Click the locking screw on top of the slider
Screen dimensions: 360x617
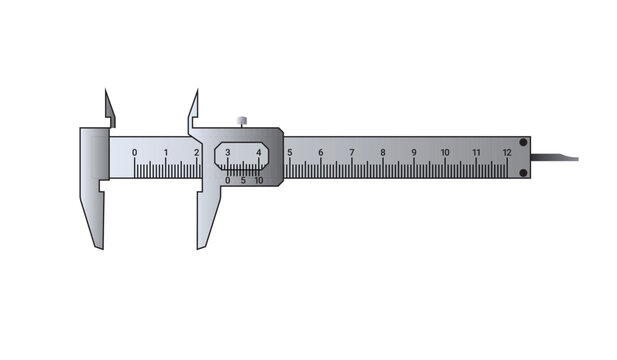pos(242,121)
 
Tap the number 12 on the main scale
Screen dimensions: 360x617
pos(507,152)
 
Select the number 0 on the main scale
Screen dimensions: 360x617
pos(135,152)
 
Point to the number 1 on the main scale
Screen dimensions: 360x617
pos(166,152)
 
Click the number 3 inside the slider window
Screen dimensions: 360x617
pos(228,152)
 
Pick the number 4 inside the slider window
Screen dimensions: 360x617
pos(259,152)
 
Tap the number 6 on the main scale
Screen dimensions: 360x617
pos(321,152)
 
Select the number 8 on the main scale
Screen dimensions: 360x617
pos(383,152)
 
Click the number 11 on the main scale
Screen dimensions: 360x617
pos(476,152)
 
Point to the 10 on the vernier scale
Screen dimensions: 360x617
pos(259,181)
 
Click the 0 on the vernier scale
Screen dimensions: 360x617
pos(227,181)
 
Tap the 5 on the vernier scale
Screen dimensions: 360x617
pos(243,181)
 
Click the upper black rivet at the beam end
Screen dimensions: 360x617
pos(523,142)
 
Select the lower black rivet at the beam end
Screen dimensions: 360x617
pos(523,173)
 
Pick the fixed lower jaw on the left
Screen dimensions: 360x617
pos(94,215)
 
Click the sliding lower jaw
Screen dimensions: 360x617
pos(208,215)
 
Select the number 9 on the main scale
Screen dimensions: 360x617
pos(414,152)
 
